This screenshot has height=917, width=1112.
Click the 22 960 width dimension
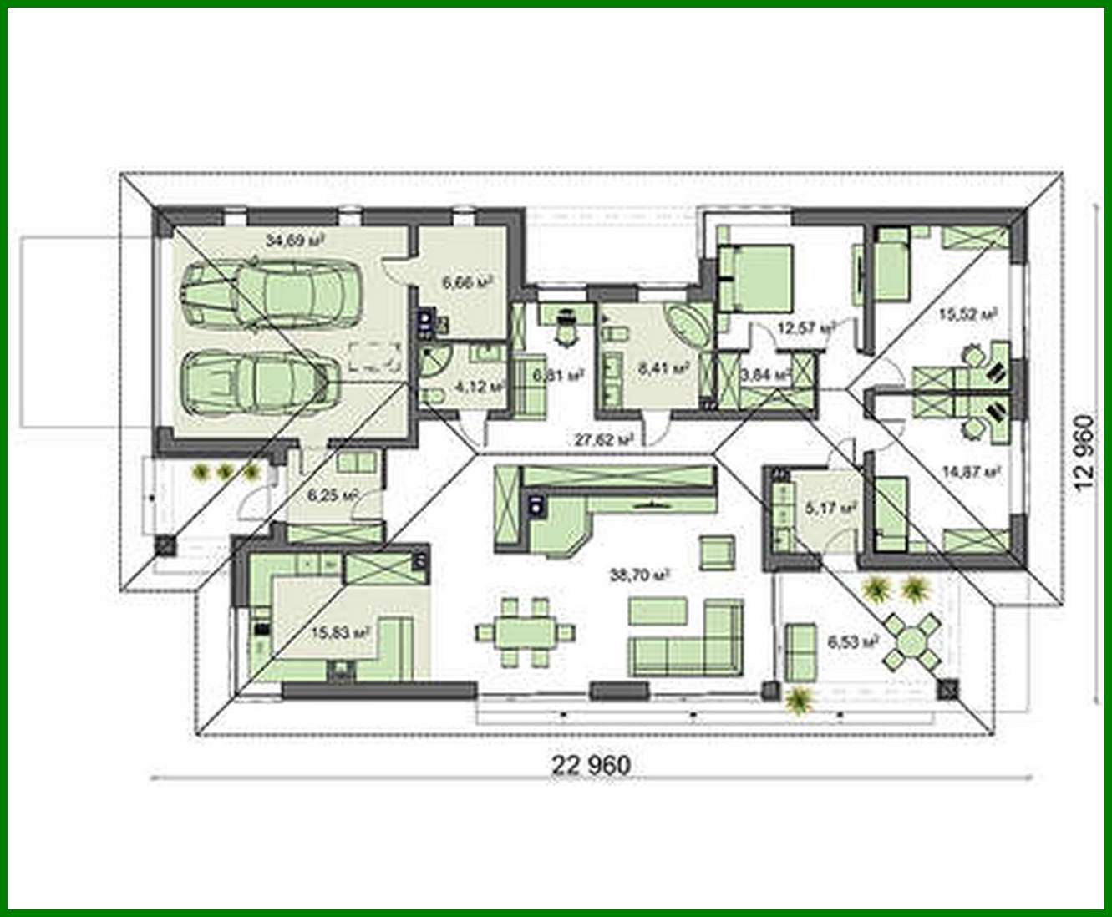tap(591, 764)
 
